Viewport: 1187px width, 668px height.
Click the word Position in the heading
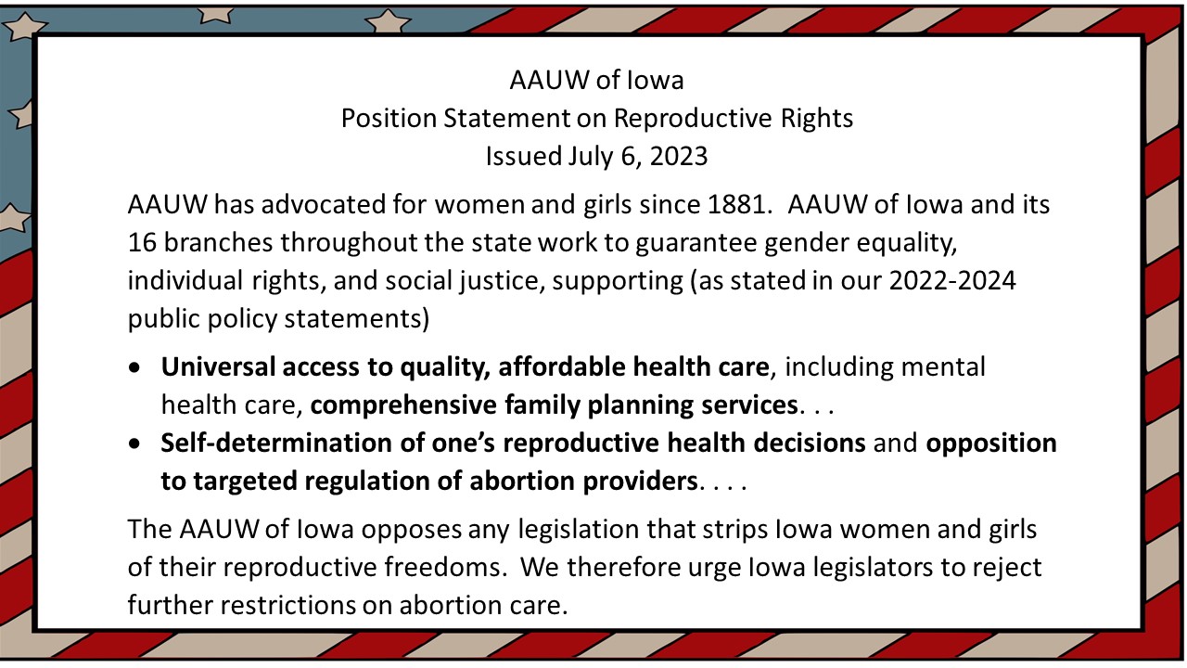click(x=389, y=118)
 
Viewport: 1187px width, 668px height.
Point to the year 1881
click(x=739, y=205)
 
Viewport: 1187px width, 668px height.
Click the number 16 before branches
click(x=142, y=243)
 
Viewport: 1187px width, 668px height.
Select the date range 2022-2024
click(x=952, y=281)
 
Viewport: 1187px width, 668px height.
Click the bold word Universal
click(x=217, y=366)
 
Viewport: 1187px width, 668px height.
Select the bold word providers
click(x=640, y=482)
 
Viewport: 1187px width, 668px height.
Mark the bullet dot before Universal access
click(x=134, y=367)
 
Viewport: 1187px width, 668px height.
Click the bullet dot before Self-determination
click(x=134, y=443)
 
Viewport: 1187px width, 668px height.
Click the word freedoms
click(x=442, y=567)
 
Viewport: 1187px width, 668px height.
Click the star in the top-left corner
click(x=23, y=25)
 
